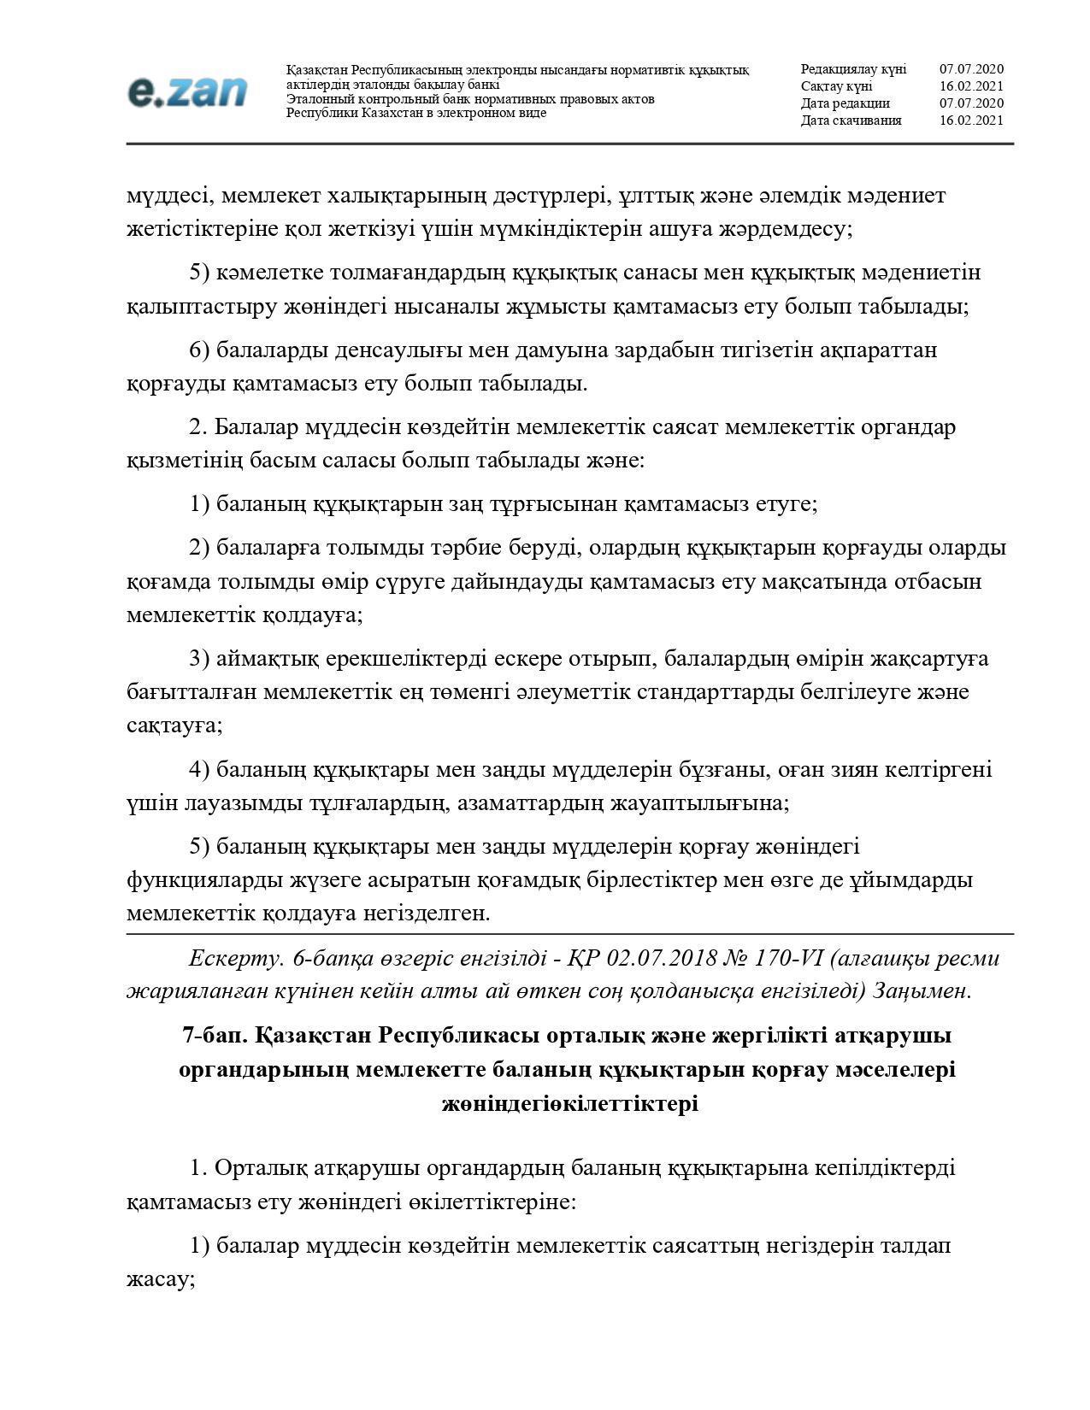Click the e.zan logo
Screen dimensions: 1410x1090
click(187, 92)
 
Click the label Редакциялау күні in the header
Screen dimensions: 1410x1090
click(853, 69)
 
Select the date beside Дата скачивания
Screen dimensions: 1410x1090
click(971, 120)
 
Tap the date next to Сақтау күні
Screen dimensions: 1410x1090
click(971, 86)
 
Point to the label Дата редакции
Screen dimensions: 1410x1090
click(845, 103)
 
